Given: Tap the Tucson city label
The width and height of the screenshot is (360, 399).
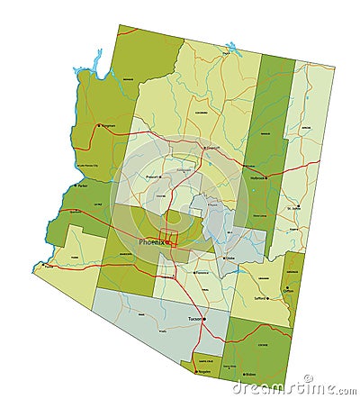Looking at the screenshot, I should pyautogui.click(x=193, y=319).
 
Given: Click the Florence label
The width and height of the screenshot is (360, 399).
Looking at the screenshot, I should pyautogui.click(x=203, y=271).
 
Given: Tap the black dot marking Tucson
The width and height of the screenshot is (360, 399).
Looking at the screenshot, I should pyautogui.click(x=204, y=319).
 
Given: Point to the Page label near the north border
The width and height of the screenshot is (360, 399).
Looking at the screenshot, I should pyautogui.click(x=226, y=55).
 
